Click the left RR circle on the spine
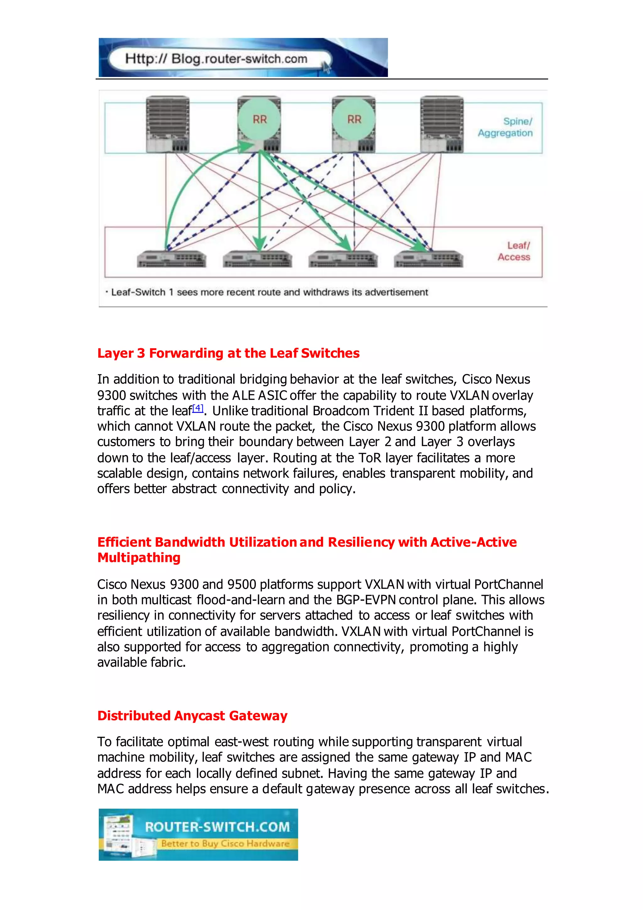(259, 119)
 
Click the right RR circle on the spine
(354, 119)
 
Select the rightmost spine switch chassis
(441, 124)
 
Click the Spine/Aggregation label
(505, 127)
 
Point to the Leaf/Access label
(514, 251)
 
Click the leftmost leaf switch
(171, 259)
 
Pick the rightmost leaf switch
(428, 259)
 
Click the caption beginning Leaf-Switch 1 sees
(269, 292)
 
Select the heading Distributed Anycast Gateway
(192, 716)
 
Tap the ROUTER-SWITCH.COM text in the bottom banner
(217, 827)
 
